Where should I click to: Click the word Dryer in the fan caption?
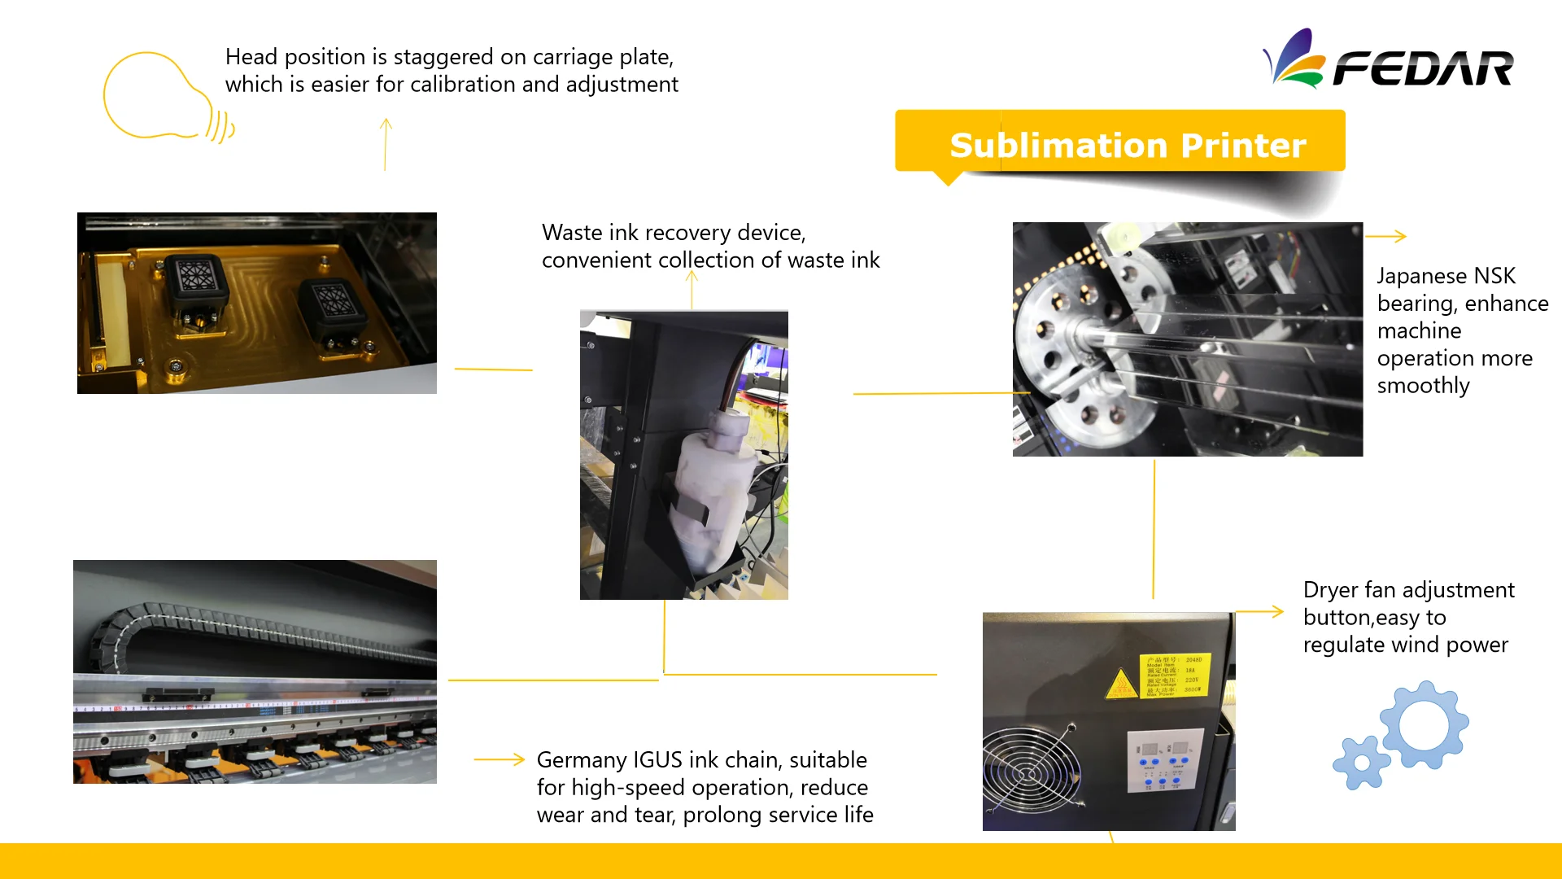click(1330, 590)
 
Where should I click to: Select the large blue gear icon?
click(1425, 724)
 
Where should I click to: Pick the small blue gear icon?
click(1361, 763)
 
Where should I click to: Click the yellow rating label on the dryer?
click(1174, 675)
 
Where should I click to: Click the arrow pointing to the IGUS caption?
click(500, 759)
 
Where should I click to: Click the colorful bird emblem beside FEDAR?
click(1294, 59)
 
